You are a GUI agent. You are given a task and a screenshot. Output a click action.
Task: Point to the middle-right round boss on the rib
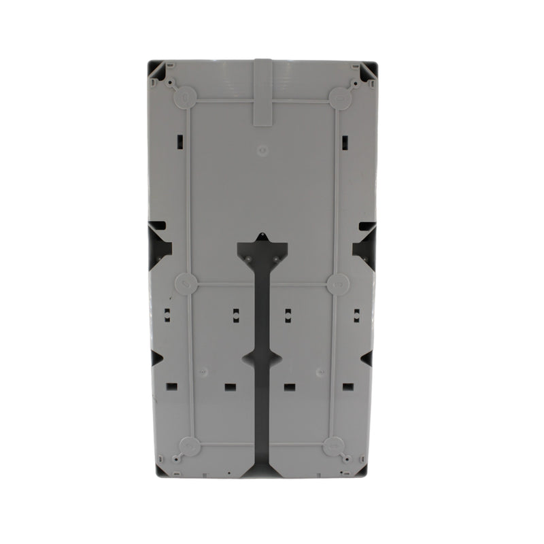336,284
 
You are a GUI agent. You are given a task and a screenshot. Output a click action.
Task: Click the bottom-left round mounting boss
190,447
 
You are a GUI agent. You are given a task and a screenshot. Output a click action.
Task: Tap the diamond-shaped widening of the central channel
261,358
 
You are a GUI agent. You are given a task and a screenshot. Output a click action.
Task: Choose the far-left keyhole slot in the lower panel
165,313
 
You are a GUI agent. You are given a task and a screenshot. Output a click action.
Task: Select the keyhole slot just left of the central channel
235,313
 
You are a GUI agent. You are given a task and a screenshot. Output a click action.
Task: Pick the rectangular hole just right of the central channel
290,388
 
